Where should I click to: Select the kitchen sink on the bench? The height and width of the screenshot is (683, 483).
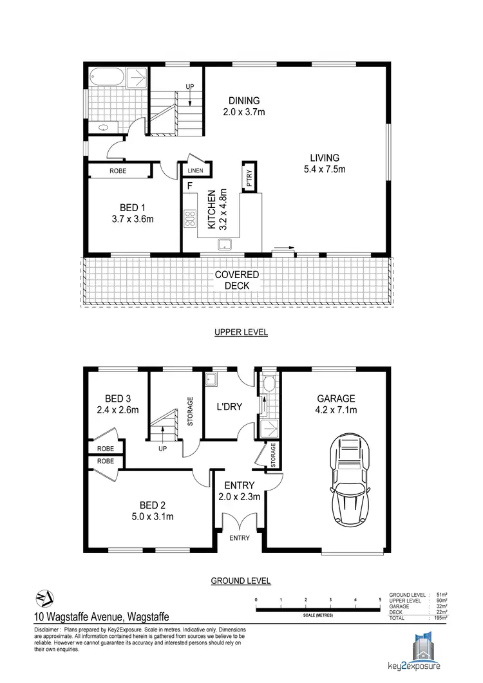point(225,243)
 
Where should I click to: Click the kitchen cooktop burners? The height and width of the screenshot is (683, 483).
point(190,220)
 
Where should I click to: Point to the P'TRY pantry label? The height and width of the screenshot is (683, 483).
point(249,177)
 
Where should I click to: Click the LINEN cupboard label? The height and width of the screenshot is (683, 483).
point(195,171)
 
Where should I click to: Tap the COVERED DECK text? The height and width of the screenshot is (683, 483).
point(236,279)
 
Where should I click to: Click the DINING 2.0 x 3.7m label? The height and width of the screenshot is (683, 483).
point(243,106)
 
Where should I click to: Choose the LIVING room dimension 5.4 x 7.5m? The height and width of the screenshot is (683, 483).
point(324,169)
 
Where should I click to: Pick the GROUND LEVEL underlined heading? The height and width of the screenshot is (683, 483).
point(241,581)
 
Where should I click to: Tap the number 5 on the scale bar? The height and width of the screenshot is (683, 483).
point(380,599)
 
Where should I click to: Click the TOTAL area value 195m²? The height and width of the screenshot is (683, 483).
point(441,617)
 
